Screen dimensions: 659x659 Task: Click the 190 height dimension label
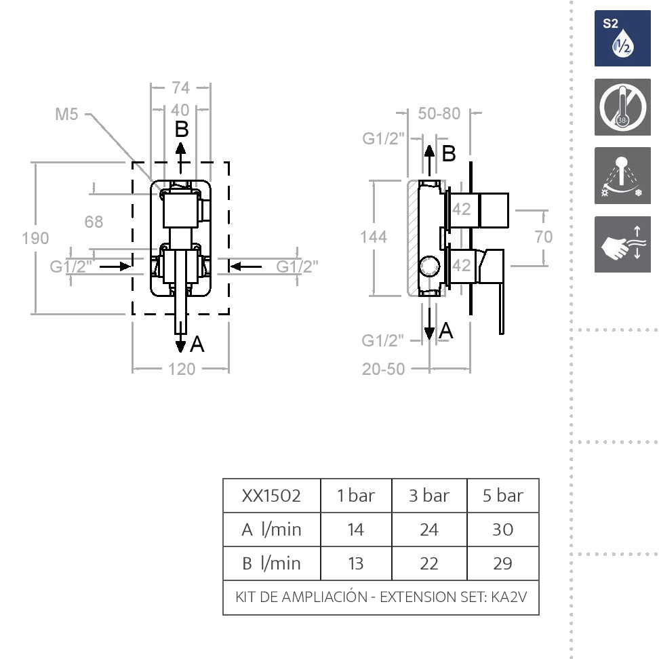point(35,238)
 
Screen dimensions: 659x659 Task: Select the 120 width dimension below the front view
point(181,369)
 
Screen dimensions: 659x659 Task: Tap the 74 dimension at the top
point(180,87)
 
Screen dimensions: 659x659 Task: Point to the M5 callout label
point(67,114)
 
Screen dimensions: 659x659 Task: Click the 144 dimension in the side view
point(374,237)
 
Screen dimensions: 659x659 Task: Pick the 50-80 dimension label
point(439,113)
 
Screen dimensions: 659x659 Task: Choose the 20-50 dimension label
point(383,369)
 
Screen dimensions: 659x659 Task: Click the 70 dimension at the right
point(544,237)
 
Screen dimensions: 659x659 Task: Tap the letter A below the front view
point(197,345)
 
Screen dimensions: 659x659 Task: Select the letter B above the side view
point(449,154)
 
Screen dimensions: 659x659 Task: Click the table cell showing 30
point(502,530)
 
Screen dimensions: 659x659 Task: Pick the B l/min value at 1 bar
point(355,563)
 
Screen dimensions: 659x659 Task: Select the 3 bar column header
point(428,496)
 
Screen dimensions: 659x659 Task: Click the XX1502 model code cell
point(271,496)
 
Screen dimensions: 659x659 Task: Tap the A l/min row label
point(271,530)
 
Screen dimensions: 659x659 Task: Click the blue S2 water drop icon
point(622,39)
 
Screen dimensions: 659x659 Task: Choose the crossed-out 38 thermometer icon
point(622,107)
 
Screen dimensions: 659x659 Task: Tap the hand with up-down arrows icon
point(622,245)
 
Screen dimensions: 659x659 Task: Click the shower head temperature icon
point(622,176)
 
